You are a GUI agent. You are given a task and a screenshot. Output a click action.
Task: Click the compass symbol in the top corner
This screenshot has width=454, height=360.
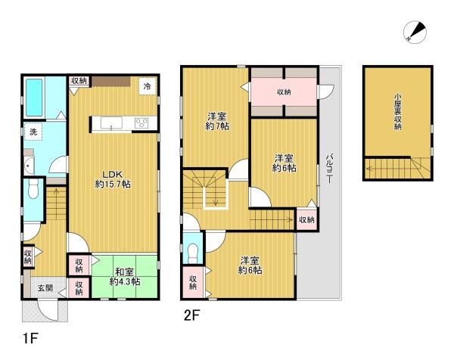415,31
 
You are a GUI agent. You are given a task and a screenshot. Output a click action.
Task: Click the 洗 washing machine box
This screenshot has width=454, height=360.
33,132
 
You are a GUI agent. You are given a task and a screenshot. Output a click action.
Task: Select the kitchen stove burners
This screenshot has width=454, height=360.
143,123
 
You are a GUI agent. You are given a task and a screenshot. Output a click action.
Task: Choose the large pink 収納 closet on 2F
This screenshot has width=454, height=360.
284,92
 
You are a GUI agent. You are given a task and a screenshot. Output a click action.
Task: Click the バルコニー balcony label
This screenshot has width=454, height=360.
328,167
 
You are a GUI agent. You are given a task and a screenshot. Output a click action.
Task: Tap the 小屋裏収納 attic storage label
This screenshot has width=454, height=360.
397,112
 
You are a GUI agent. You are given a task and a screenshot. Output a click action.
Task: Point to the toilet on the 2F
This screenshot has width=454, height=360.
192,250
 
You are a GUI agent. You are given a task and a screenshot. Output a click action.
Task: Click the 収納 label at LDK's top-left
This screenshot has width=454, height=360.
79,81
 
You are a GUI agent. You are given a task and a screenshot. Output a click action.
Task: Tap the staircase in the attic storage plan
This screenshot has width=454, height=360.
396,168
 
